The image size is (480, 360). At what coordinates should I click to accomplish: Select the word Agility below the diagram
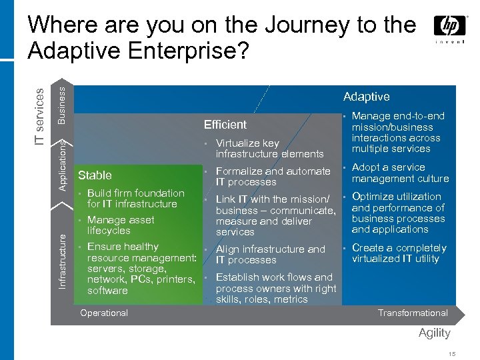point(435,333)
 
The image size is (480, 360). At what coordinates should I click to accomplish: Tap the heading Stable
point(95,175)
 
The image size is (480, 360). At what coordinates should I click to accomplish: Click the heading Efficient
point(225,125)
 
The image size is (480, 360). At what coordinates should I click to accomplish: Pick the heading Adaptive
point(366,97)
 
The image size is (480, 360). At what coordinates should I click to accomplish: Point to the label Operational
point(103,313)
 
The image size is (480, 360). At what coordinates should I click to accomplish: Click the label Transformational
point(413,313)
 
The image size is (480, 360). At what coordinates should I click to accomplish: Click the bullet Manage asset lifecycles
point(120,225)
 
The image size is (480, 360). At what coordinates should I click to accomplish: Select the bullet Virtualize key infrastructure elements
point(269,149)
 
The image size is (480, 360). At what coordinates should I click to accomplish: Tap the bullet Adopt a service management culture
point(399,173)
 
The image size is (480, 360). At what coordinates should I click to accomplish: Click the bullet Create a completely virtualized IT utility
point(399,253)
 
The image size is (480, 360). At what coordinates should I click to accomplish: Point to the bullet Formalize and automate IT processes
point(273,177)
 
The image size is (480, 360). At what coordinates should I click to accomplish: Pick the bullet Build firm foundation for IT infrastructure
point(135,199)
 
